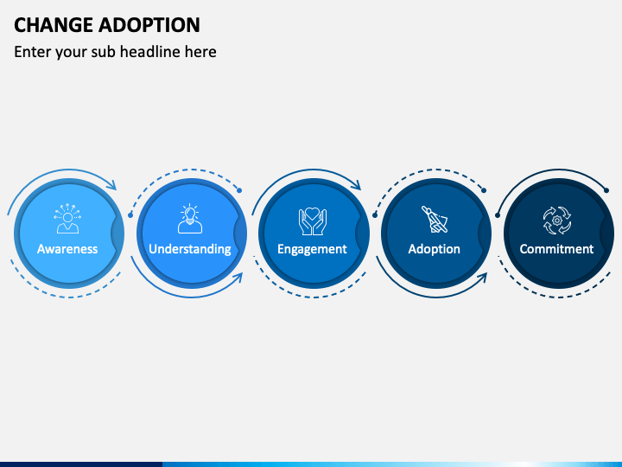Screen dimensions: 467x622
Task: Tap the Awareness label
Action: pyautogui.click(x=67, y=249)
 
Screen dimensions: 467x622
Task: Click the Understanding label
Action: pyautogui.click(x=190, y=249)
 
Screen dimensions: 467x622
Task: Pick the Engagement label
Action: pyautogui.click(x=312, y=249)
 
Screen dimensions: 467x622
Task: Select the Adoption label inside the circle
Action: pyautogui.click(x=434, y=249)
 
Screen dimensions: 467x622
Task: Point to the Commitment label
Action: pyautogui.click(x=556, y=249)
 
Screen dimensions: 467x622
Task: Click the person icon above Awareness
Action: pyautogui.click(x=67, y=220)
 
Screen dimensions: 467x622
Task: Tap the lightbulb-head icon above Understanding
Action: pyautogui.click(x=190, y=220)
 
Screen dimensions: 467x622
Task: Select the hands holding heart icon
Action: pyautogui.click(x=312, y=221)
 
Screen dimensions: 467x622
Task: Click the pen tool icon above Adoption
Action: pyautogui.click(x=434, y=220)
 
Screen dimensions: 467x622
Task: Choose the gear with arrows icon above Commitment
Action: pyautogui.click(x=556, y=220)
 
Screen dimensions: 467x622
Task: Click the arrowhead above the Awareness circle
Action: pyautogui.click(x=112, y=184)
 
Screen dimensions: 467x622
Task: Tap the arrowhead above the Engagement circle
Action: pyautogui.click(x=357, y=184)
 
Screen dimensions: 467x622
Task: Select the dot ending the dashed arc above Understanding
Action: pyautogui.click(x=239, y=189)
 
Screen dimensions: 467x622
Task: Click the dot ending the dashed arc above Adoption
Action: pyautogui.click(x=484, y=189)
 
